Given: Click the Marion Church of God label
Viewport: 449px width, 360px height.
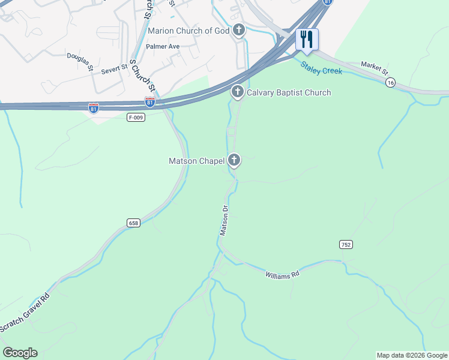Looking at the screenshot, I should pyautogui.click(x=188, y=31).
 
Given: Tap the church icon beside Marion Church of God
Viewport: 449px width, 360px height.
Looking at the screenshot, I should pyautogui.click(x=239, y=30).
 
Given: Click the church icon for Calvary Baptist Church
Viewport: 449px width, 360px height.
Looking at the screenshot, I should pyautogui.click(x=237, y=92).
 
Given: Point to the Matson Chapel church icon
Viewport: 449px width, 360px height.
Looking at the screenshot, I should pyautogui.click(x=234, y=160).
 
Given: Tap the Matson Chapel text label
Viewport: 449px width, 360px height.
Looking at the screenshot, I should pyautogui.click(x=196, y=161).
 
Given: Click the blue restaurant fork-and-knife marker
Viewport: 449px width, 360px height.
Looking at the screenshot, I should pyautogui.click(x=307, y=40).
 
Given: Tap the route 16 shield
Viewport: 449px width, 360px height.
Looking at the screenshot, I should pyautogui.click(x=391, y=83).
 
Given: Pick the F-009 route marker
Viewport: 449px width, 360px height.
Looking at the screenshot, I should pyautogui.click(x=136, y=117).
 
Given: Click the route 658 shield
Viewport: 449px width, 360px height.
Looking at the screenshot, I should pyautogui.click(x=133, y=223).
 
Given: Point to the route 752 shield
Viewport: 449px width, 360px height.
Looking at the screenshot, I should pyautogui.click(x=345, y=244).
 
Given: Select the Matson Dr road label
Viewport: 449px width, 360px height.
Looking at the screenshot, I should pyautogui.click(x=224, y=220).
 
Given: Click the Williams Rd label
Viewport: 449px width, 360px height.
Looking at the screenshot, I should pyautogui.click(x=282, y=275).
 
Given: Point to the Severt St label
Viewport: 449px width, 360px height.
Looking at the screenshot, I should pyautogui.click(x=115, y=69).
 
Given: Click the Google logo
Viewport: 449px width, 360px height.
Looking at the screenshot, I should pyautogui.click(x=20, y=353).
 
